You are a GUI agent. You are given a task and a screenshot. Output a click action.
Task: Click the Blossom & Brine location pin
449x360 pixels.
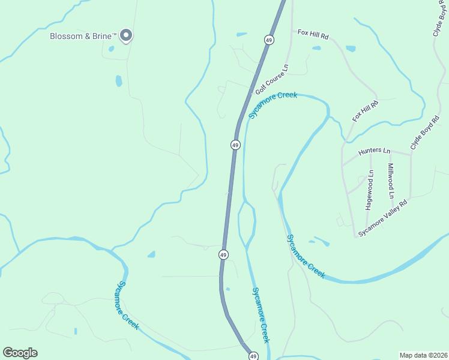point(126,36)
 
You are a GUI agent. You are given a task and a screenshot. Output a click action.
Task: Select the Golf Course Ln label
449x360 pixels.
point(272,79)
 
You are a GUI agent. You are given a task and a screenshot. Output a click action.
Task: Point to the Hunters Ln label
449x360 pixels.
point(374,152)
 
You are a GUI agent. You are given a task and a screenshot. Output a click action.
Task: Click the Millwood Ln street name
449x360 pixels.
point(391,181)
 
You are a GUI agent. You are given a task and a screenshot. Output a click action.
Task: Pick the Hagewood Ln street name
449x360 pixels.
point(370,190)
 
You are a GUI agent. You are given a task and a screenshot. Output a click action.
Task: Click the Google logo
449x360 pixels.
point(20,353)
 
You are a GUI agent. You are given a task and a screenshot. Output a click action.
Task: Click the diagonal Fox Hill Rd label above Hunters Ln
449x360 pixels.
point(365,112)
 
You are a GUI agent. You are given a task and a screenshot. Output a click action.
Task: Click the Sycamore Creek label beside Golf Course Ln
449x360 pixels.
point(273,105)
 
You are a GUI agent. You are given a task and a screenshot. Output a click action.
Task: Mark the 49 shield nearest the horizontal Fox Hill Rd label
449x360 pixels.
point(268,39)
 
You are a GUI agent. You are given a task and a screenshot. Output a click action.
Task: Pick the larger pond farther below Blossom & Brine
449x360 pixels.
point(119,81)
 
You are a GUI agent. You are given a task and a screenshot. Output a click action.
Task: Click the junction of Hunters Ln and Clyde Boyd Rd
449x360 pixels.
point(411,154)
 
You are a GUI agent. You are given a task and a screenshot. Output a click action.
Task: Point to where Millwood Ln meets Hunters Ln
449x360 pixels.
point(391,153)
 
